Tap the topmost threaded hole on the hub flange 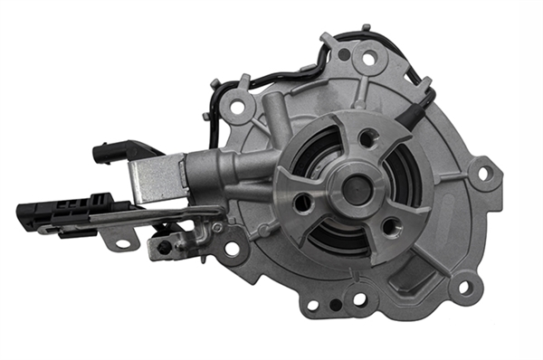[367, 137]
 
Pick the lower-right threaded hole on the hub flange [392, 226]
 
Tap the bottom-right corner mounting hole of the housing [464, 289]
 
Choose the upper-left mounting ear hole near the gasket [237, 107]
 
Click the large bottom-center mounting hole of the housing [360, 298]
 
